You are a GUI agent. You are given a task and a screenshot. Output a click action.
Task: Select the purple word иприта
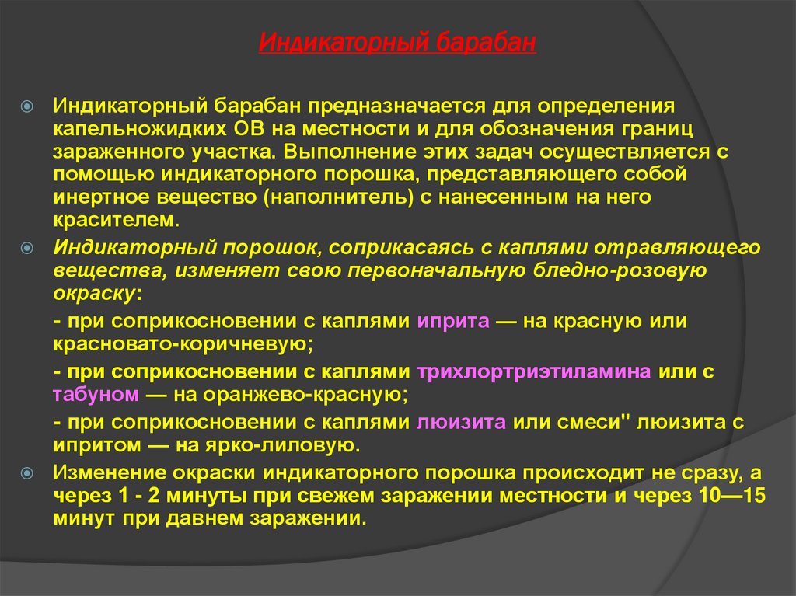[452, 321]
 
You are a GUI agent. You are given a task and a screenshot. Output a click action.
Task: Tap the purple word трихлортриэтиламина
[534, 371]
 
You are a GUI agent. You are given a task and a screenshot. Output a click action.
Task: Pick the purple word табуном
[96, 394]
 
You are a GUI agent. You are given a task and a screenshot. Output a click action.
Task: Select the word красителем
[117, 220]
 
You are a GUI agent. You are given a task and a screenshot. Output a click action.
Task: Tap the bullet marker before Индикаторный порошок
[26, 248]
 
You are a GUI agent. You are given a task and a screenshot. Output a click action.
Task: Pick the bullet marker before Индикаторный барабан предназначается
[26, 104]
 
